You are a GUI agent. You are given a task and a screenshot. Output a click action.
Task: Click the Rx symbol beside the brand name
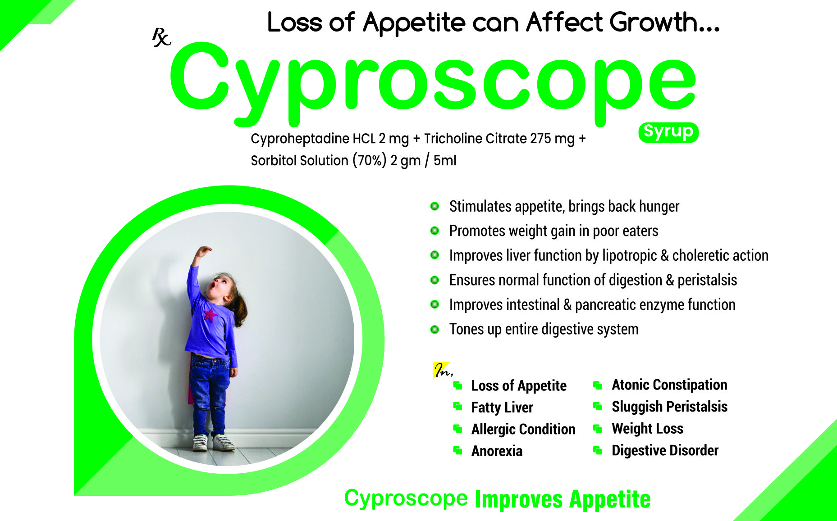pyautogui.click(x=161, y=37)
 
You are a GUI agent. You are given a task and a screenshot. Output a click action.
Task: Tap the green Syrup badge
pyautogui.click(x=668, y=132)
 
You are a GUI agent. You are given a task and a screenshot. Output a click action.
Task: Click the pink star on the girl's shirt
pyautogui.click(x=210, y=315)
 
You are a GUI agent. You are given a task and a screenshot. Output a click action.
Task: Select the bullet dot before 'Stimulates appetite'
pyautogui.click(x=435, y=206)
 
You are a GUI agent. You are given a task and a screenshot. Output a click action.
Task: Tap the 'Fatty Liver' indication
pyautogui.click(x=502, y=408)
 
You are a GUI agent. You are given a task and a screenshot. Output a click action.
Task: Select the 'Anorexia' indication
pyautogui.click(x=497, y=451)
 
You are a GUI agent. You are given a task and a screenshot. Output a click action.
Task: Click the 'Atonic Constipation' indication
pyautogui.click(x=669, y=385)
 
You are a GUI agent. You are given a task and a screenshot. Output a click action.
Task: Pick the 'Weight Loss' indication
pyautogui.click(x=647, y=429)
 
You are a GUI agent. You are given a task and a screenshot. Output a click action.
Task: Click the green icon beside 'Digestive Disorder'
pyautogui.click(x=598, y=450)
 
